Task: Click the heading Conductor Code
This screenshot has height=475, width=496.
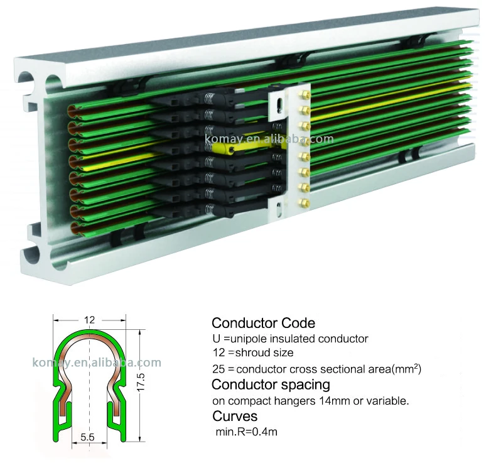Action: click(263, 324)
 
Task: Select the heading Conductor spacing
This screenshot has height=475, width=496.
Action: click(271, 384)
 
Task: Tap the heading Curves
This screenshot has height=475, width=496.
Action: click(234, 416)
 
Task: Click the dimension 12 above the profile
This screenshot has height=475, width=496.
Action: click(89, 320)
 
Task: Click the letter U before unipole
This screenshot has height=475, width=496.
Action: click(217, 339)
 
